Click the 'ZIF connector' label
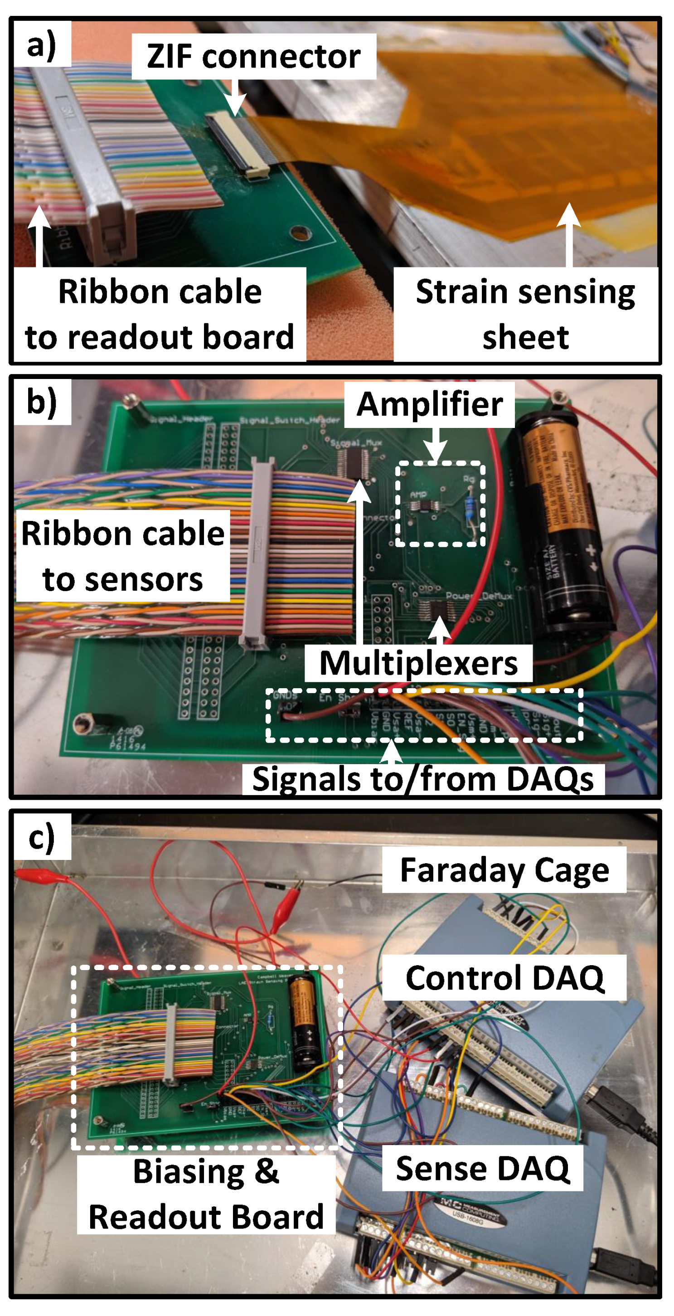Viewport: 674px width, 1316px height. tap(253, 56)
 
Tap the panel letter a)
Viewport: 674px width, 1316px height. tap(41, 45)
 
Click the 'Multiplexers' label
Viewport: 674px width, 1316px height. tap(418, 663)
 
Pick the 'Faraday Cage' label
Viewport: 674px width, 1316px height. tap(504, 869)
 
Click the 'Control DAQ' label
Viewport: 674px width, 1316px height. tap(504, 977)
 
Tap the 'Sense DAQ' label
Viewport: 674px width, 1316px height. tap(483, 1168)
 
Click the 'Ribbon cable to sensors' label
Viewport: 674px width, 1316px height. tap(122, 556)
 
